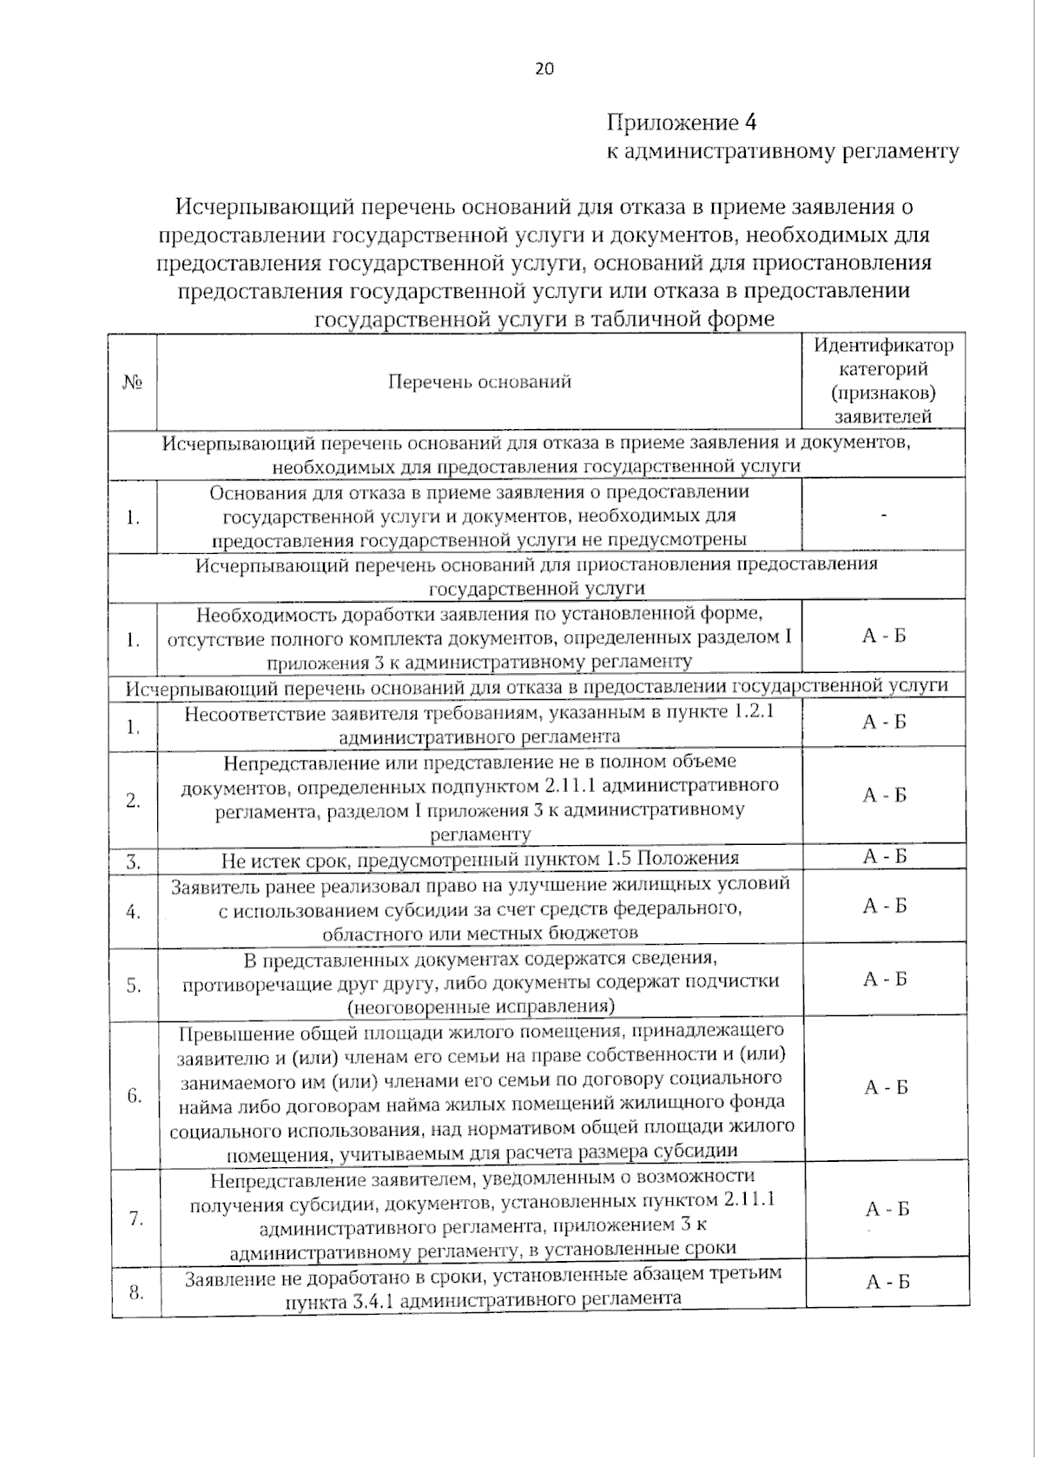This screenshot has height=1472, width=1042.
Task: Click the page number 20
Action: tap(544, 69)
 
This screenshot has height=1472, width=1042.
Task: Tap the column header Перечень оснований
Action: tap(479, 381)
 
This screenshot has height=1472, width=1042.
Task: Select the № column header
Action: tap(133, 382)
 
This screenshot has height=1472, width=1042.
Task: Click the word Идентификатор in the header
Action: tap(883, 345)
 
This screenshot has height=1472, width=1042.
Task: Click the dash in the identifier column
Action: tap(884, 516)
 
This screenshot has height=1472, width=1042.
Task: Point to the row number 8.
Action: tap(136, 1292)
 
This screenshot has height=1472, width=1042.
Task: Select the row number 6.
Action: tap(135, 1095)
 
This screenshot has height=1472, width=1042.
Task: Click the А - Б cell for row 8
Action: tap(887, 1282)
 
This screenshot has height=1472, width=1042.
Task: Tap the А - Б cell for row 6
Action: tap(886, 1087)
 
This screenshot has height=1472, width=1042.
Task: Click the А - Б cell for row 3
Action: tap(884, 857)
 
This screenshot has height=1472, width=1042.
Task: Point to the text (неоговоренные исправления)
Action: tap(480, 1007)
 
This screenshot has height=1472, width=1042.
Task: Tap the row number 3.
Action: tap(134, 862)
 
